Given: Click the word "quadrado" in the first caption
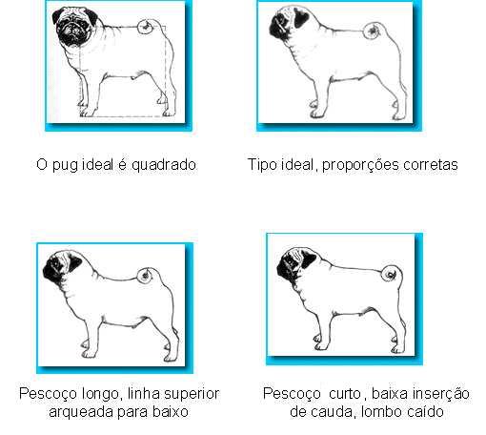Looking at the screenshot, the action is tap(164, 165).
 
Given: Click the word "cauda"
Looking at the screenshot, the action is tap(333, 412).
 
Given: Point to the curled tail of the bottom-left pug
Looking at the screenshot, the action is tap(147, 275).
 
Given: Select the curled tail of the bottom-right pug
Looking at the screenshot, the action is tap(392, 274).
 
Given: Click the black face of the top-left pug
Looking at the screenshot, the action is tap(71, 30).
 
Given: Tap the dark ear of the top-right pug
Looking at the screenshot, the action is tap(301, 16).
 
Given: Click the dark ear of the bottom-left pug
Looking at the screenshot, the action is tap(73, 263).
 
